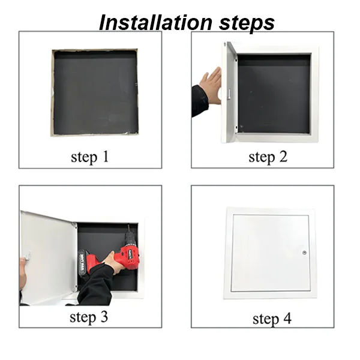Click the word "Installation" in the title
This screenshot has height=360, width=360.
[x=155, y=23]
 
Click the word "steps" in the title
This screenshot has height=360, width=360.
[x=247, y=23]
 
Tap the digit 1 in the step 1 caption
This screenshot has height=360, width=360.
[x=106, y=157]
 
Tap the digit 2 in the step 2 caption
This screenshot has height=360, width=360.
[x=283, y=157]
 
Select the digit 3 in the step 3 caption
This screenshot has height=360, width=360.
[x=103, y=317]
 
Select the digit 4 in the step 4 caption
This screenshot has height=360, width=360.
[x=287, y=318]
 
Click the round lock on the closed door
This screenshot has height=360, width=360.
[x=304, y=253]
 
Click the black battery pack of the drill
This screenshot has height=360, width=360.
[x=83, y=263]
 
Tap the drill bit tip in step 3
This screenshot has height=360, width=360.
[x=128, y=225]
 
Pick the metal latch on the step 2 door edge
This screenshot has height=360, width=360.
[x=229, y=94]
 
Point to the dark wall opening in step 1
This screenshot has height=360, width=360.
[x=96, y=92]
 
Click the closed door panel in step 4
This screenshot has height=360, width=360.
[x=270, y=253]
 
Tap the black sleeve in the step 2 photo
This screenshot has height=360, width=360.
[x=199, y=101]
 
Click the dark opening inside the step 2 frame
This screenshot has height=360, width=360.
[x=274, y=94]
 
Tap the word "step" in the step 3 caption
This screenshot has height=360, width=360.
[x=83, y=318]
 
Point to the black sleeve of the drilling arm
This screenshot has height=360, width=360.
[x=97, y=286]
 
